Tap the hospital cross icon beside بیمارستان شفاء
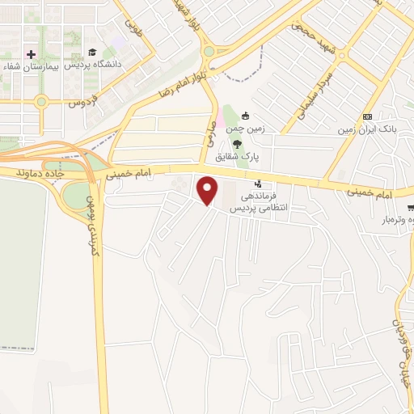[x=32, y=54]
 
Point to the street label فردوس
[x=81, y=103]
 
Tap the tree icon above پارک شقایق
[x=237, y=142]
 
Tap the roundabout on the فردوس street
[x=40, y=101]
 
